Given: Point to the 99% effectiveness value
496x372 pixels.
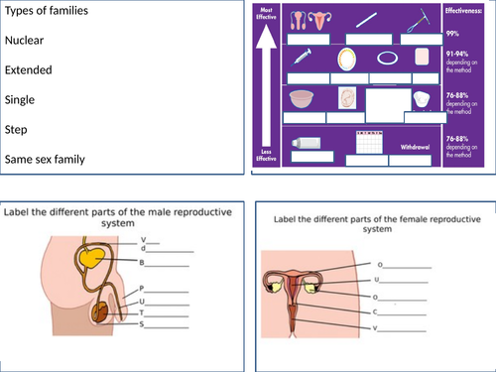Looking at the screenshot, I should pos(452,33).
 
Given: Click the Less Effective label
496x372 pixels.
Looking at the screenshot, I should pos(266,155).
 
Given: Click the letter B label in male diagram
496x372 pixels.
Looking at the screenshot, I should pos(143,264).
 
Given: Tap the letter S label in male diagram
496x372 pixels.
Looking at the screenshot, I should pos(143,324).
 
